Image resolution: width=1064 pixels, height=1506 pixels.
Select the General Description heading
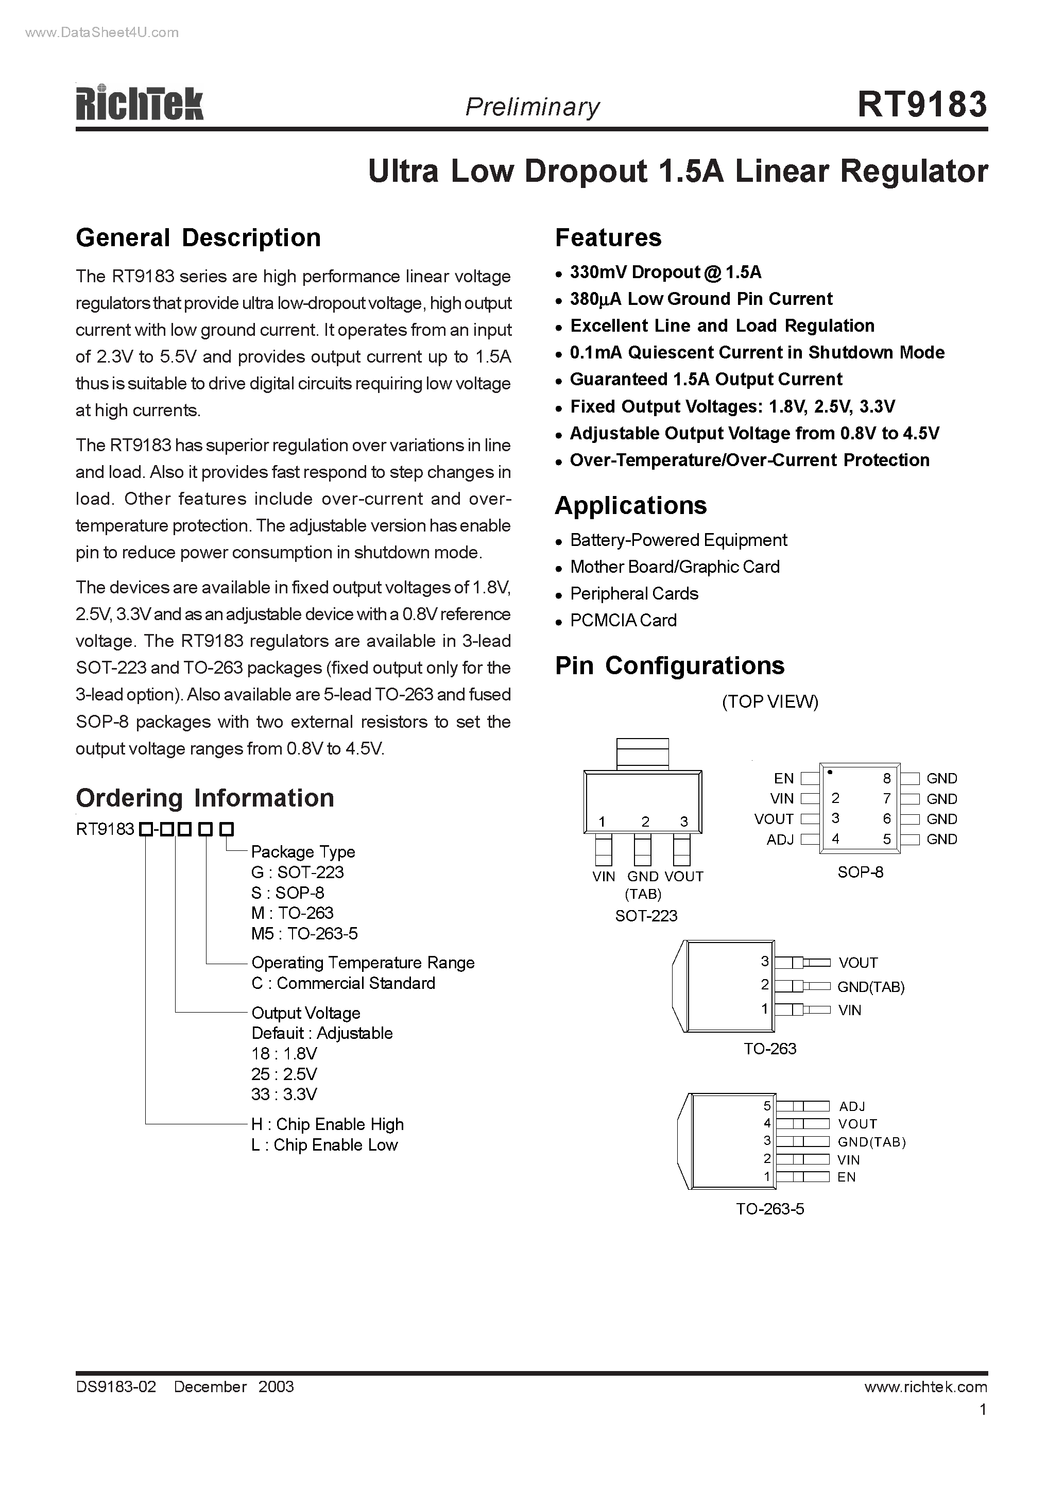[x=198, y=238]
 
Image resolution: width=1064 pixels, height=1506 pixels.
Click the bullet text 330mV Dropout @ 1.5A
[x=665, y=272]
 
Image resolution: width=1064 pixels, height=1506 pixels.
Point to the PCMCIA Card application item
[x=623, y=621]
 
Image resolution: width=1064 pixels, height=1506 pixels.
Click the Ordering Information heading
[x=204, y=798]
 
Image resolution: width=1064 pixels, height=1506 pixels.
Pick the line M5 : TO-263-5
[x=304, y=933]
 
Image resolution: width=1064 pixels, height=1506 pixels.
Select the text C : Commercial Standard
[x=343, y=983]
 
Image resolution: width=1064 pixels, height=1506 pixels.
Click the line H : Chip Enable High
[x=328, y=1124]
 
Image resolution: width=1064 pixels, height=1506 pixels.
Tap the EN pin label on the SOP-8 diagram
[x=783, y=779]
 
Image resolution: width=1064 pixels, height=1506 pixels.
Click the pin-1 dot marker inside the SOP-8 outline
[x=830, y=773]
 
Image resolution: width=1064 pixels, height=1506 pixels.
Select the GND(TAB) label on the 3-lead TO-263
[x=870, y=987]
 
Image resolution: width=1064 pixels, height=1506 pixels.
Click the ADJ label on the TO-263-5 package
[x=852, y=1106]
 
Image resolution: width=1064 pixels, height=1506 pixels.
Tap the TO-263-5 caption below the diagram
[x=769, y=1209]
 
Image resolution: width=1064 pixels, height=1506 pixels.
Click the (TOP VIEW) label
[x=769, y=702]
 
